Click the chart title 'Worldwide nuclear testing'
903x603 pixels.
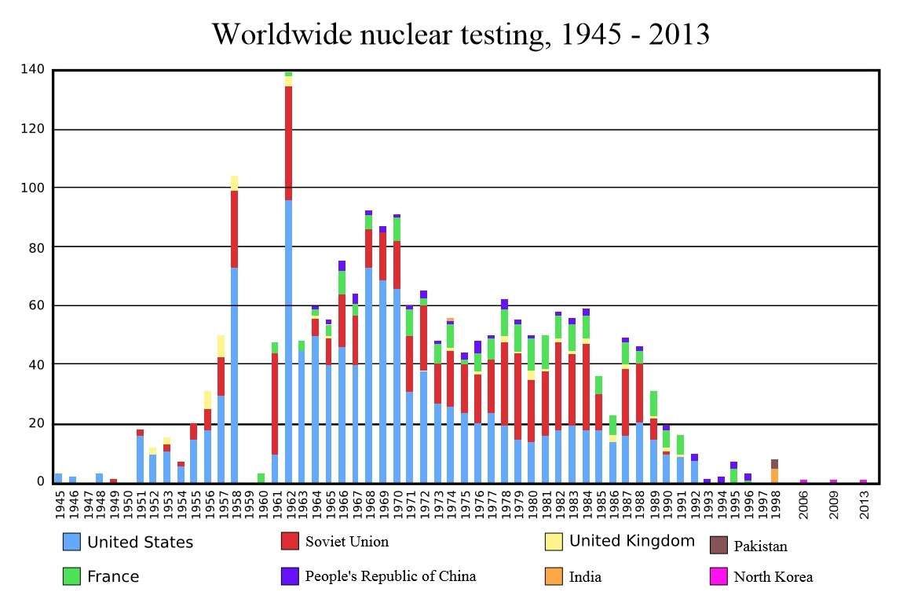[x=460, y=34]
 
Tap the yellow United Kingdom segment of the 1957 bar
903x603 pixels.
[x=221, y=345]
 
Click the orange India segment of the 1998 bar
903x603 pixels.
[x=774, y=475]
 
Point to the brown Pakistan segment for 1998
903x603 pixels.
[x=774, y=464]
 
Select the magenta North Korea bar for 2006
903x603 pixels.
[x=803, y=481]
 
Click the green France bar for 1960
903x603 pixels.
[x=261, y=477]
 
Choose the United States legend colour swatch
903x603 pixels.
[x=71, y=542]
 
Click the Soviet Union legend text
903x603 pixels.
[x=346, y=542]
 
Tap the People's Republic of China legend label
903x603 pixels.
[x=390, y=576]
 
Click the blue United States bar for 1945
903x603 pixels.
[x=58, y=477]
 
